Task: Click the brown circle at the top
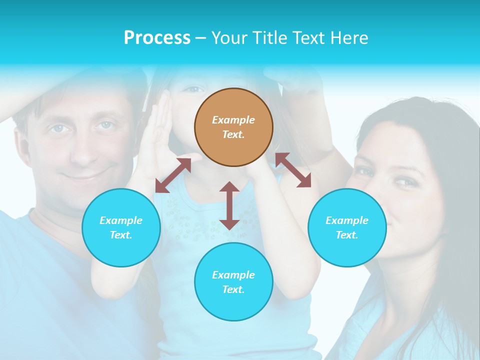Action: click(x=233, y=127)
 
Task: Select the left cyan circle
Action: click(x=121, y=227)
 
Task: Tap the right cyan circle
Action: click(x=347, y=227)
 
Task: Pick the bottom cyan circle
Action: click(x=233, y=282)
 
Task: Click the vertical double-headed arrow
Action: click(x=229, y=205)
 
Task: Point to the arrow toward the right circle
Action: click(x=293, y=170)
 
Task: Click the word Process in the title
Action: click(x=157, y=37)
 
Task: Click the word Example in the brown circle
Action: click(x=233, y=120)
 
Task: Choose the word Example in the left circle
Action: click(x=121, y=220)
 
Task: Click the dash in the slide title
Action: click(x=201, y=38)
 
